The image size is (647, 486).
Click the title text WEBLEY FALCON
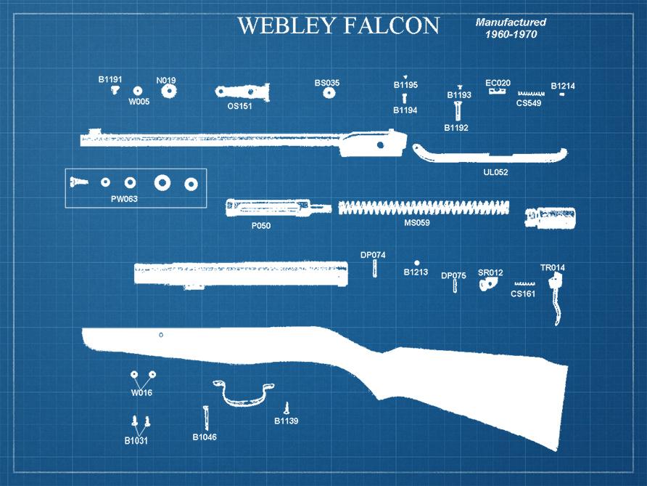pyautogui.click(x=338, y=25)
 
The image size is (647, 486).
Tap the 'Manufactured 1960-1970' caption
pyautogui.click(x=511, y=28)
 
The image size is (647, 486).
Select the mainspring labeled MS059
pyautogui.click(x=424, y=207)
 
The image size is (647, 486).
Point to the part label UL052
pyautogui.click(x=495, y=173)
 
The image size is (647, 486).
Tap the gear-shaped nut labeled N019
pyautogui.click(x=169, y=92)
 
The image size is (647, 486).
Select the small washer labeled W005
pyautogui.click(x=138, y=90)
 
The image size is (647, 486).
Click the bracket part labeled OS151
pyautogui.click(x=242, y=92)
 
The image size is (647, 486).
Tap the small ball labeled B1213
pyautogui.click(x=416, y=262)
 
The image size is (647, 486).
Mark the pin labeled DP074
pyautogui.click(x=374, y=267)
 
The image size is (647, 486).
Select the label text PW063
pyautogui.click(x=124, y=198)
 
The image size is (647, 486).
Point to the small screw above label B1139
pyautogui.click(x=287, y=408)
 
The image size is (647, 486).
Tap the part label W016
pyautogui.click(x=141, y=393)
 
